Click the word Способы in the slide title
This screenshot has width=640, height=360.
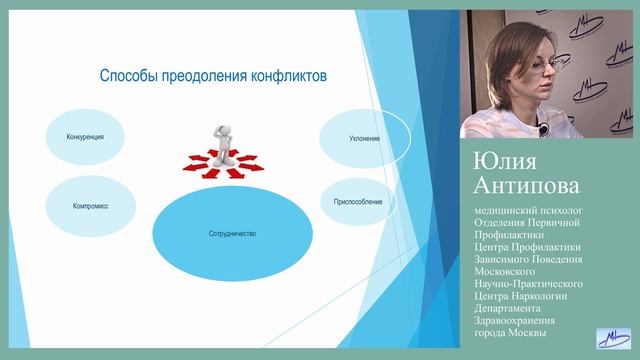coord(131,76)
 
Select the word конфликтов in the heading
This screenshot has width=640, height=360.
coord(291,76)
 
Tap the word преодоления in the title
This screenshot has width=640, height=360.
coord(208,76)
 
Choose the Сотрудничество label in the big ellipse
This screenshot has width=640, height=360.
coord(226,233)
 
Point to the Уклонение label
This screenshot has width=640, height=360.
coord(365,138)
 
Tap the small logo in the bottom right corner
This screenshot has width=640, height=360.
coord(612,341)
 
